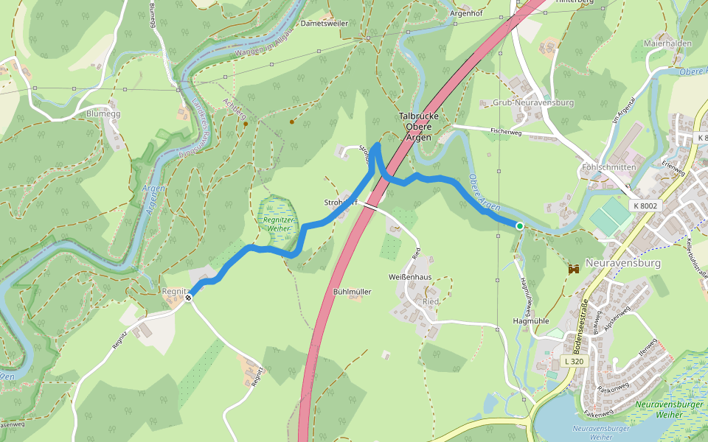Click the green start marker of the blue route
520,226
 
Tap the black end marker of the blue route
189,297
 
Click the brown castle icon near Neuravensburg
573,270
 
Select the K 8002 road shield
644,207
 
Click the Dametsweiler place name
324,24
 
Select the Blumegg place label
103,114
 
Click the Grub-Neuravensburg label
532,102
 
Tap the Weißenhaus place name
409,276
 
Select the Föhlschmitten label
608,167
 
